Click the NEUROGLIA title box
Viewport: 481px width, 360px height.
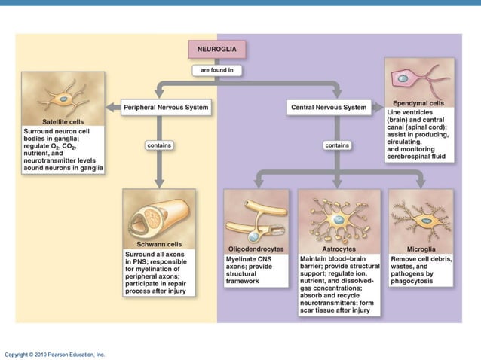pyautogui.click(x=216, y=49)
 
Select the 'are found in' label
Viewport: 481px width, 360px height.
pyautogui.click(x=216, y=70)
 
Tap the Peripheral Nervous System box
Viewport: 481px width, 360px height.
pyautogui.click(x=166, y=108)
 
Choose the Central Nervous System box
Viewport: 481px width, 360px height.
pyautogui.click(x=328, y=108)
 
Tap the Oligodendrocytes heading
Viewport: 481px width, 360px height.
pyautogui.click(x=256, y=249)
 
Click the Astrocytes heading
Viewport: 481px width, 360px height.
pyautogui.click(x=339, y=249)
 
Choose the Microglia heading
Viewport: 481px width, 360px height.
pyautogui.click(x=421, y=249)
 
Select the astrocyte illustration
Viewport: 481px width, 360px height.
pyautogui.click(x=339, y=217)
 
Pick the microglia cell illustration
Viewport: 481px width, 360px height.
pyautogui.click(x=421, y=218)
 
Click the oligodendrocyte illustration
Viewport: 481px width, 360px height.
pyautogui.click(x=256, y=218)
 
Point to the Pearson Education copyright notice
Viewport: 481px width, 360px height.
pyautogui.click(x=54, y=354)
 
